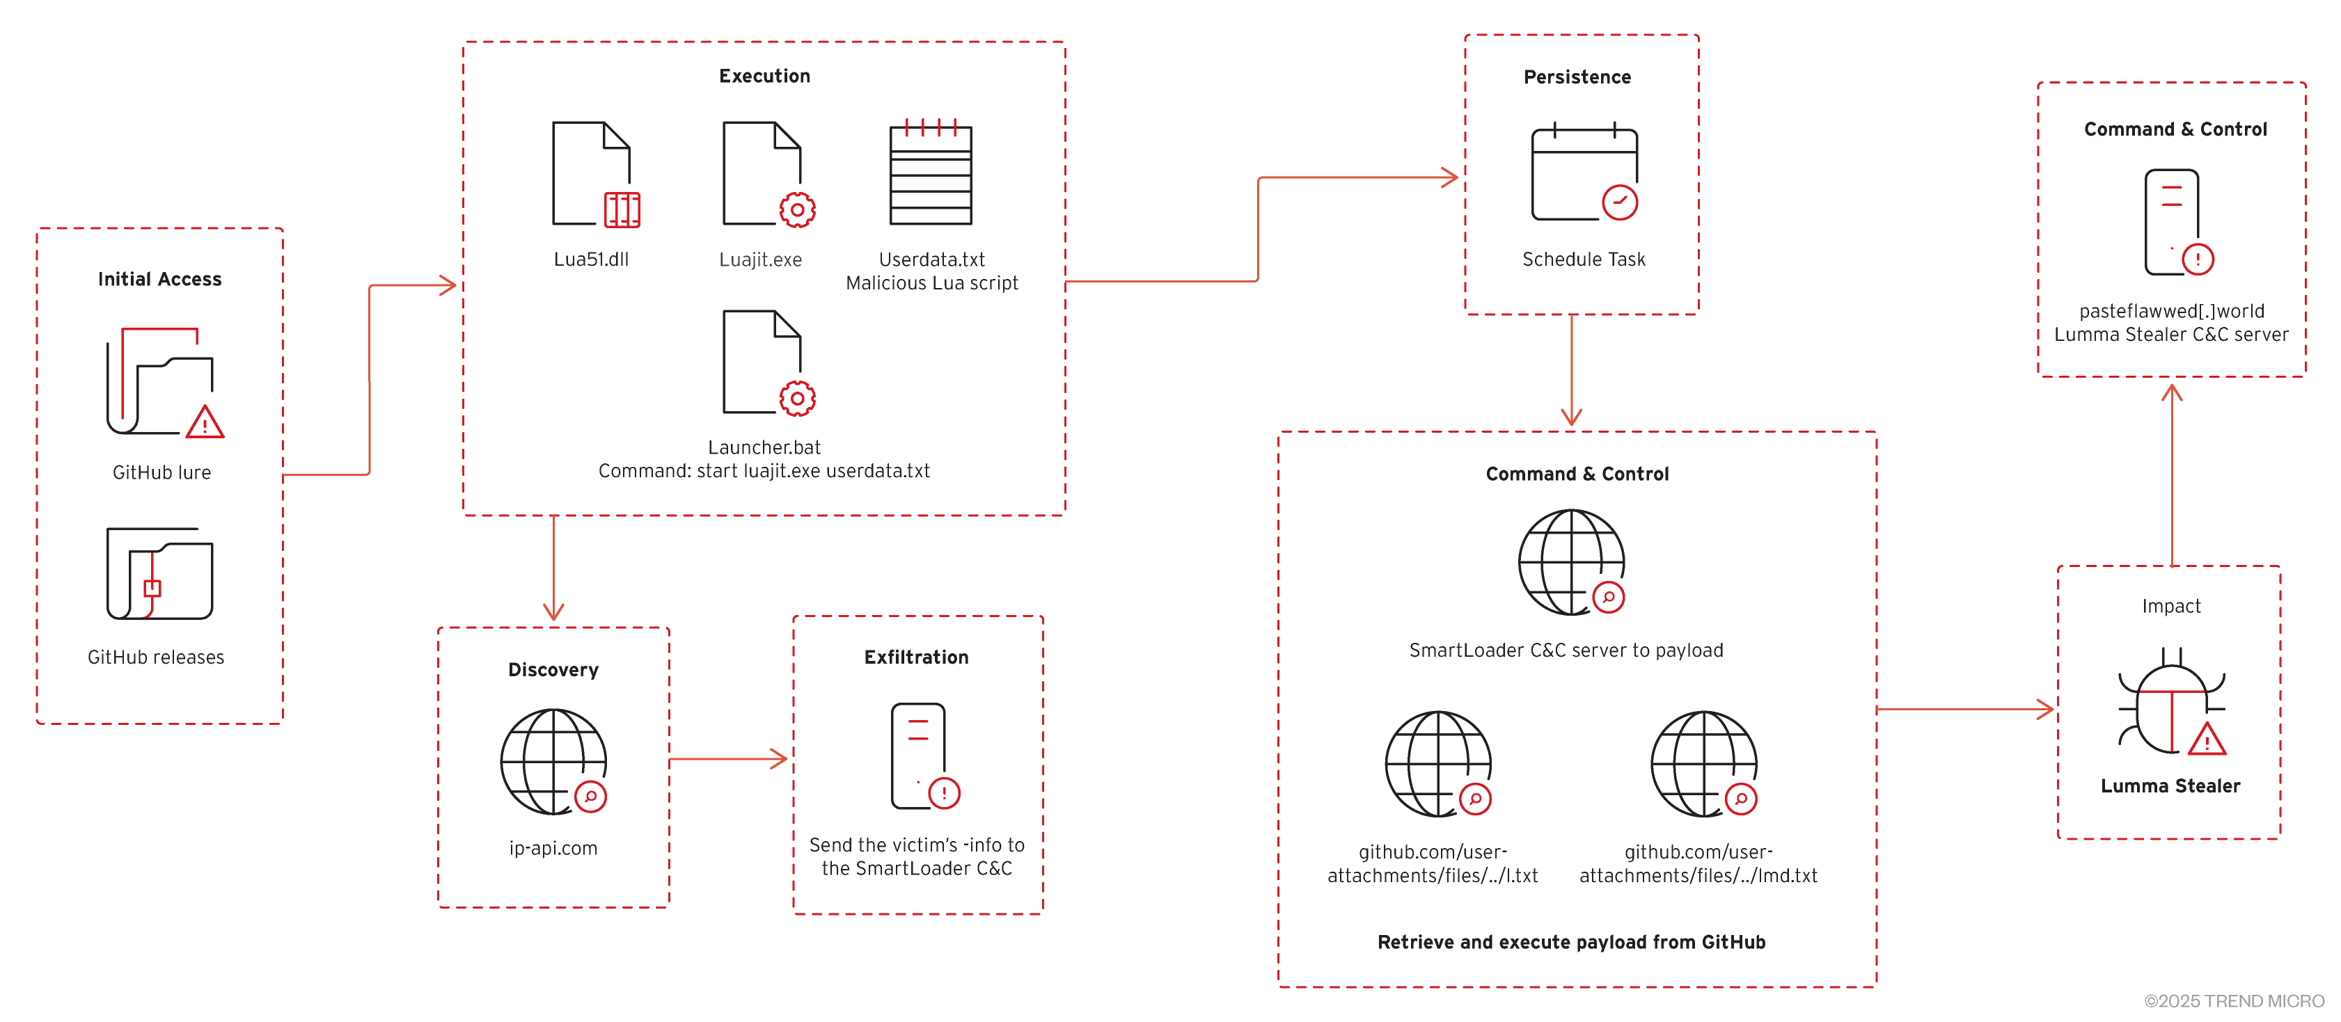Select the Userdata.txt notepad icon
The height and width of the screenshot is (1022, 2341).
tap(931, 175)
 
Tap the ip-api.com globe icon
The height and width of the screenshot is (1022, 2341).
tap(553, 761)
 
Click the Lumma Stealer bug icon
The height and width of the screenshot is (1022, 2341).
tap(2171, 702)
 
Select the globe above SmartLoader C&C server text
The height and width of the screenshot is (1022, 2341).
tap(1571, 561)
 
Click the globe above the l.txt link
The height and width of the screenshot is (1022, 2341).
tap(1437, 763)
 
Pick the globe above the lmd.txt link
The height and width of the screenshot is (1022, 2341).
tap(1704, 763)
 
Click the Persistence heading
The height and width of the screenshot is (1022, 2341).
tap(1577, 77)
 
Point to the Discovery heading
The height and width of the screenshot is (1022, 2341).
tap(553, 669)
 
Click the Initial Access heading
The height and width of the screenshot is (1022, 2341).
tap(160, 279)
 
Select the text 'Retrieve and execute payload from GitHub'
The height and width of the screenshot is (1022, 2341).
tap(1571, 942)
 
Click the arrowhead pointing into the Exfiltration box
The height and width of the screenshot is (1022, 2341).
tap(780, 758)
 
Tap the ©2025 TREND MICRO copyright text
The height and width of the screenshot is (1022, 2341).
tap(2234, 1001)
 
